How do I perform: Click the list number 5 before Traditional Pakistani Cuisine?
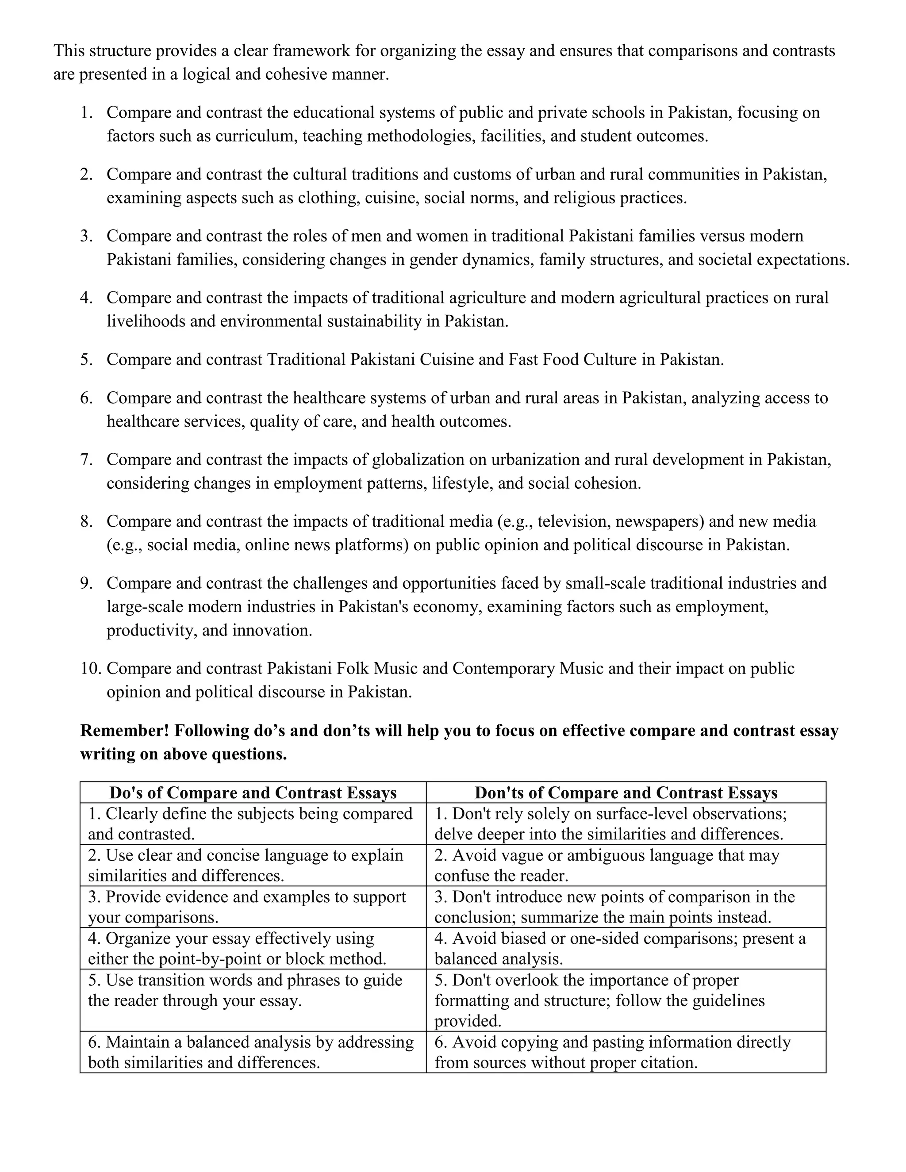[86, 360]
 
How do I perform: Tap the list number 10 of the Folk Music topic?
[90, 669]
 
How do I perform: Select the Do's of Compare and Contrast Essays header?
[253, 793]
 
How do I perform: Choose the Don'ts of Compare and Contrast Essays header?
[626, 793]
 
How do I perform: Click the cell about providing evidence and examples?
[253, 907]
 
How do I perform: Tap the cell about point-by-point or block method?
[253, 948]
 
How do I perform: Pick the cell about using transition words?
[253, 990]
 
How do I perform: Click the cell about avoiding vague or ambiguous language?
[626, 865]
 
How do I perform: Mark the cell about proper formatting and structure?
[626, 1000]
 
